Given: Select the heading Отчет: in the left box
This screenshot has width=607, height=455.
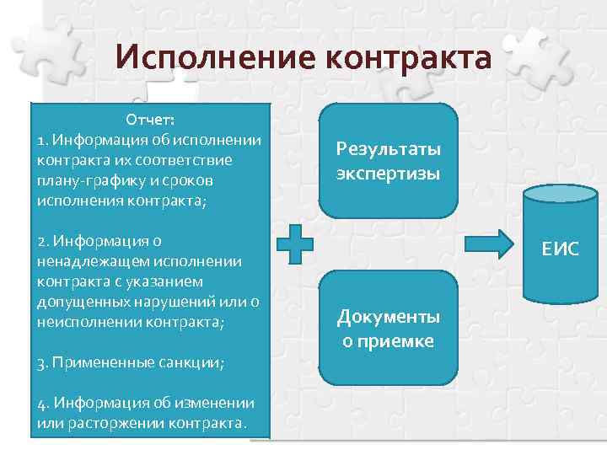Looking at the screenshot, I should (150, 120).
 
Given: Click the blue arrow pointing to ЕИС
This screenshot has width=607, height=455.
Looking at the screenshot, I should (490, 244).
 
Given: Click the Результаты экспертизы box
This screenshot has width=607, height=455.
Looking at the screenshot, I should (388, 161).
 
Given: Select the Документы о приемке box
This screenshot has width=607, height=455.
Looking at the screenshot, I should (388, 329).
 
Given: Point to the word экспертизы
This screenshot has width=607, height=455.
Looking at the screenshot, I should (388, 173).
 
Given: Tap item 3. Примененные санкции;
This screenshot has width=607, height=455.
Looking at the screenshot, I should (131, 362).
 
